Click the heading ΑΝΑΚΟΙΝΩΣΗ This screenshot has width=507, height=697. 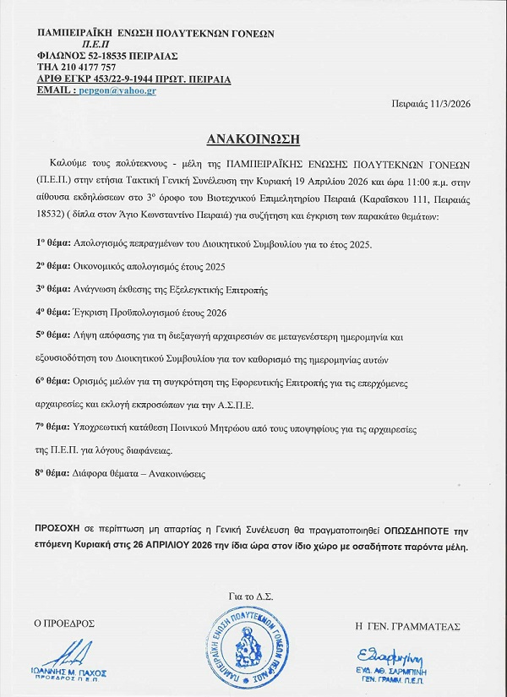(253, 137)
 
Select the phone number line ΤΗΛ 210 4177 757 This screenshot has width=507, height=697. (77, 67)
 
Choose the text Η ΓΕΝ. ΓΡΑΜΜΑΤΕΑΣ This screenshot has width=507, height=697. (408, 625)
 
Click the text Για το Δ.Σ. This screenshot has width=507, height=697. (251, 596)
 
